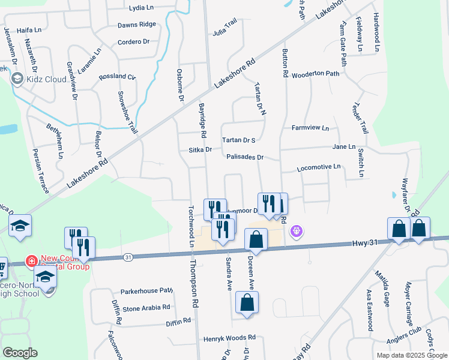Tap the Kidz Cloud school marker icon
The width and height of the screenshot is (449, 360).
[17, 78]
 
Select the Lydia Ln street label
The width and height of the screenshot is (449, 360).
[142, 8]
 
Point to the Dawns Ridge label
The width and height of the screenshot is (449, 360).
[137, 25]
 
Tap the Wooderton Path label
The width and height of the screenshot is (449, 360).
[316, 74]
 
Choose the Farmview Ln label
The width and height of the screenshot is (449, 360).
[310, 128]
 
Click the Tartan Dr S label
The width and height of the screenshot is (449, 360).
[239, 140]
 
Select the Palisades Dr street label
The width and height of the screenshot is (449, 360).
[246, 157]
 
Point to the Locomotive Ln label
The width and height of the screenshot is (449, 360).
[319, 167]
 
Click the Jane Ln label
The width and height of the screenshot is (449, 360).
[344, 146]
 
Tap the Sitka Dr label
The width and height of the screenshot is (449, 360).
[200, 149]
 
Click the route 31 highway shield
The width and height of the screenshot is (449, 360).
[128, 257]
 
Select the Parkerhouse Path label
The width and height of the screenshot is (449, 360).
[146, 291]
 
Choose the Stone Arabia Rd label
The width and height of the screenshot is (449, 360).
[146, 308]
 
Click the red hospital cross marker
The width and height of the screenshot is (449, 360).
[30, 262]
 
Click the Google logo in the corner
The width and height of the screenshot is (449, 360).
[20, 352]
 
